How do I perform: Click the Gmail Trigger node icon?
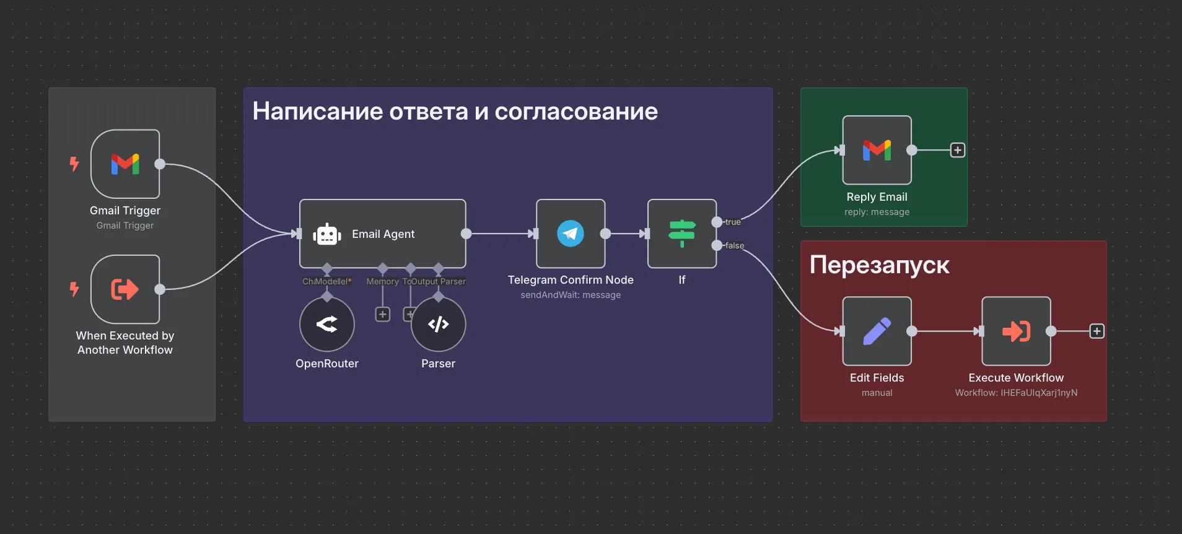pyautogui.click(x=125, y=164)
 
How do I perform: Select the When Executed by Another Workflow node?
pyautogui.click(x=125, y=289)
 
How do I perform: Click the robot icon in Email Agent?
pyautogui.click(x=327, y=234)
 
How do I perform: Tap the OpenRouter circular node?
pyautogui.click(x=327, y=324)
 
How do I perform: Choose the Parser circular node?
pyautogui.click(x=438, y=324)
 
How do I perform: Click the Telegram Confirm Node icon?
pyautogui.click(x=571, y=234)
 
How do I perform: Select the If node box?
pyautogui.click(x=682, y=234)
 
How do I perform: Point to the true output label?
pyautogui.click(x=733, y=222)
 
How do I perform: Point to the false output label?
pyautogui.click(x=735, y=245)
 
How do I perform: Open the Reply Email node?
pyautogui.click(x=877, y=150)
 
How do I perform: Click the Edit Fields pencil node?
pyautogui.click(x=877, y=331)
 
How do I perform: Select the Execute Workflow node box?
pyautogui.click(x=1016, y=331)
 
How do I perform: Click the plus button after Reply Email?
pyautogui.click(x=958, y=150)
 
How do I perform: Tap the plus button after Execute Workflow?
pyautogui.click(x=1097, y=331)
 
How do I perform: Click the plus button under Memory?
pyautogui.click(x=383, y=315)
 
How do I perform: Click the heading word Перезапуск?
pyautogui.click(x=879, y=265)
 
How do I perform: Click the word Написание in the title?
pyautogui.click(x=317, y=112)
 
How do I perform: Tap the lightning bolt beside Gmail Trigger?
pyautogui.click(x=74, y=164)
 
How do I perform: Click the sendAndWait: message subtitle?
pyautogui.click(x=571, y=295)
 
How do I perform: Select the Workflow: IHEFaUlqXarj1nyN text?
pyautogui.click(x=1016, y=393)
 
